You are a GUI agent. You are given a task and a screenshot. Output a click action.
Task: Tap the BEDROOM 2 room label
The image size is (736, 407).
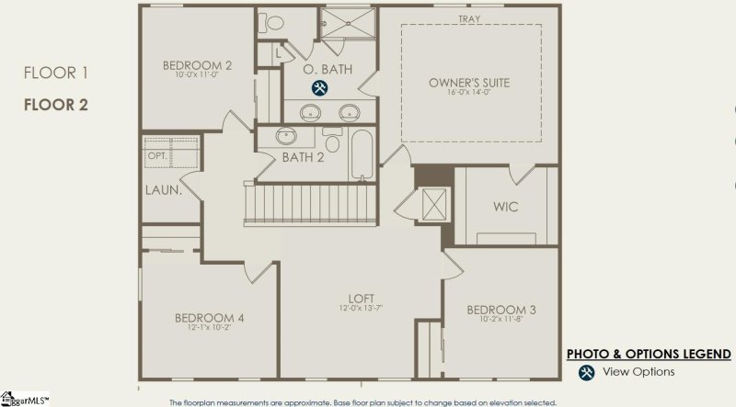pyautogui.click(x=197, y=65)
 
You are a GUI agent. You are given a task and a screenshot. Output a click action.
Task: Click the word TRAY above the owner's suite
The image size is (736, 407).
pyautogui.click(x=469, y=18)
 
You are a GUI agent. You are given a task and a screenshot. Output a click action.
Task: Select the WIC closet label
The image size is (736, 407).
pyautogui.click(x=505, y=207)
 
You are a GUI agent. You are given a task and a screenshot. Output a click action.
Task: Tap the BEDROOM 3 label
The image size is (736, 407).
pyautogui.click(x=501, y=309)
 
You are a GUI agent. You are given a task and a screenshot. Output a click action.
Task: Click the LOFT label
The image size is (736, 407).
pyautogui.click(x=360, y=299)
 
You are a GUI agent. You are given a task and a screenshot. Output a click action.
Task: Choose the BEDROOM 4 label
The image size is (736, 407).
pyautogui.click(x=209, y=318)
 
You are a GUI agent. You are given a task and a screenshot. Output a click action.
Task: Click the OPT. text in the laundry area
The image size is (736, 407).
pyautogui.click(x=157, y=156)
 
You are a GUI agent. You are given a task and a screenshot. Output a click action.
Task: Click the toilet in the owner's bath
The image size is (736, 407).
pyautogui.click(x=274, y=23)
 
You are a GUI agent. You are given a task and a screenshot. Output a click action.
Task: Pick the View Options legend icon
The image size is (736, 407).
pyautogui.click(x=586, y=372)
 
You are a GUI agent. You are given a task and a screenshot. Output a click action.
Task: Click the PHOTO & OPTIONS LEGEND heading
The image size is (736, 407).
pyautogui.click(x=648, y=354)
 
